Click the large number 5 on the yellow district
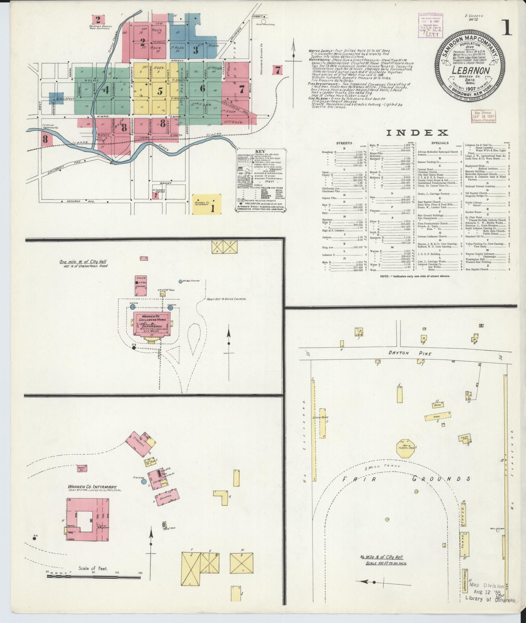160,91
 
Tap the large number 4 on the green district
106,90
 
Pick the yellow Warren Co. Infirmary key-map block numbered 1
207,204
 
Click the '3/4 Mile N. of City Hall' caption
383,558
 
